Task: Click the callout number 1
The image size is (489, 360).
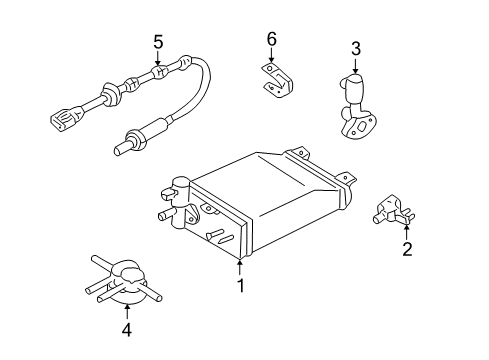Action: click(240, 284)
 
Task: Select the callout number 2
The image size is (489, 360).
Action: click(407, 249)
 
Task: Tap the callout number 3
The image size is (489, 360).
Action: click(356, 48)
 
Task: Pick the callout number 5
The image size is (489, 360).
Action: click(157, 42)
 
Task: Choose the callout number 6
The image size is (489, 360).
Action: click(271, 39)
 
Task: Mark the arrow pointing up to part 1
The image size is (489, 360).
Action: click(240, 266)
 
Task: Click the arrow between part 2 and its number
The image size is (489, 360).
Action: click(407, 232)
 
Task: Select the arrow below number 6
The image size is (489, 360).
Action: click(271, 56)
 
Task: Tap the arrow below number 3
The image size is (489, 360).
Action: click(356, 64)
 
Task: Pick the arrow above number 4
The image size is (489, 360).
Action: click(127, 309)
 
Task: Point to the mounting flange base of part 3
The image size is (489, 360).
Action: click(350, 125)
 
